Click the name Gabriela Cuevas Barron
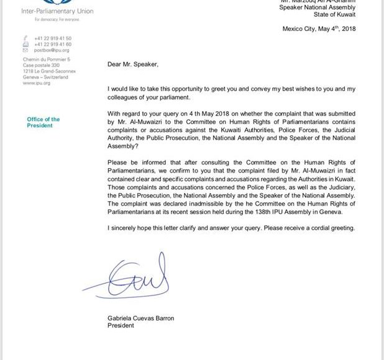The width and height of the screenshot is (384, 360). coord(141,318)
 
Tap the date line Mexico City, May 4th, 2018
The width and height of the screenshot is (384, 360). coord(319,29)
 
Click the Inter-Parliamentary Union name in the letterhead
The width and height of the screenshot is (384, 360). coord(59,11)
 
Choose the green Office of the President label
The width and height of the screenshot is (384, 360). coord(43,122)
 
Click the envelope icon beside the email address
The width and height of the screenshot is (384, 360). coord(25,50)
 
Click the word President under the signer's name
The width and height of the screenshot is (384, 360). coord(121,326)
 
